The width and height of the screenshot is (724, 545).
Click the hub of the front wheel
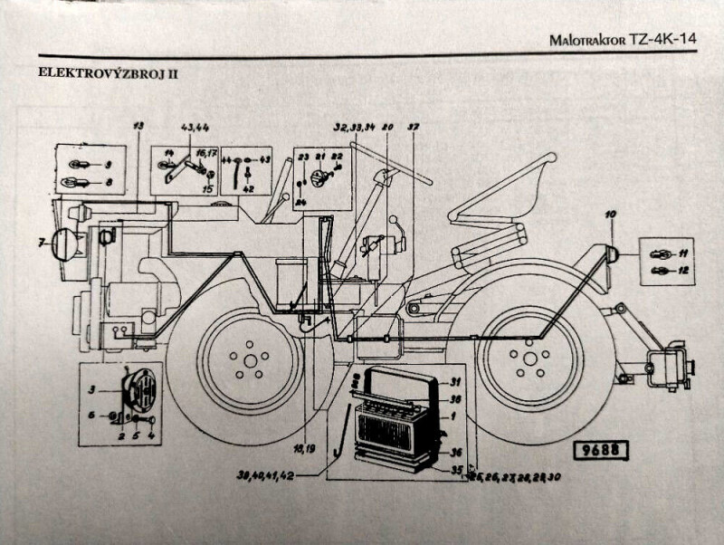(x=247, y=360)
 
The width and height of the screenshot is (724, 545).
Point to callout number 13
(x=138, y=124)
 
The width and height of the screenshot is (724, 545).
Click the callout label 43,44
(x=195, y=125)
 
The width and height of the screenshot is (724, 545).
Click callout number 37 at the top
(x=413, y=126)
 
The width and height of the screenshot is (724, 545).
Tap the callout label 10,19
(x=305, y=446)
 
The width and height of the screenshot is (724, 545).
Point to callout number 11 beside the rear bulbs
(x=683, y=253)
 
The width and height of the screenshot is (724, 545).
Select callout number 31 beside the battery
(x=456, y=381)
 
